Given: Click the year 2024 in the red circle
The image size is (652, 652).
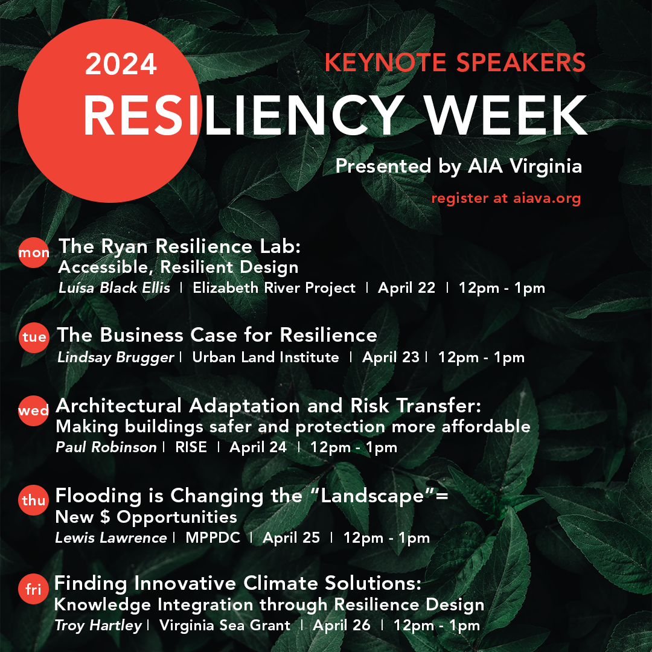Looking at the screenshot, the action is tap(121, 64).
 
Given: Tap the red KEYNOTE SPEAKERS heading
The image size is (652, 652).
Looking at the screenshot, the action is tap(455, 62).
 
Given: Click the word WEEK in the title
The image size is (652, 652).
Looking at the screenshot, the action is tap(506, 115).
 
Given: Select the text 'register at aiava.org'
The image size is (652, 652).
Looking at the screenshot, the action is tap(506, 198).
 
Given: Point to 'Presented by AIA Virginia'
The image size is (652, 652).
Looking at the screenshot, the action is tap(459, 166).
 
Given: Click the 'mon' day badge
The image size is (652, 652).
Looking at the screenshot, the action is tap(34, 252).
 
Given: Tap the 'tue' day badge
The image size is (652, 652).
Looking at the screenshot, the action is tap(34, 337).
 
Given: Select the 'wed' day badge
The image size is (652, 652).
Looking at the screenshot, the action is tap(33, 411).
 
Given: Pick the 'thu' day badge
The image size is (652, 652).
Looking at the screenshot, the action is tap(33, 500).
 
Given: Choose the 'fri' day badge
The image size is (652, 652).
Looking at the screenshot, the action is tap(33, 589).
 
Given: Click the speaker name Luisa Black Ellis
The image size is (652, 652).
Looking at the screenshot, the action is tap(114, 288).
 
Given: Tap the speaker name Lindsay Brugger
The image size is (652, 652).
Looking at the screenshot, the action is tap(115, 357).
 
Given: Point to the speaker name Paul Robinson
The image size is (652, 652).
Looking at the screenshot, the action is tap(106, 447).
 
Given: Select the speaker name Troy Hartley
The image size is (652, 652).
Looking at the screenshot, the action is tap(98, 626).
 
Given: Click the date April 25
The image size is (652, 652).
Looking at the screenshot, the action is tap(291, 538).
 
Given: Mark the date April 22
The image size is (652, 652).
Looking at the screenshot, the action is tap(406, 288).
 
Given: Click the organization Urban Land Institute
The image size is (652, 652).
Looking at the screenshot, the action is tap(265, 357).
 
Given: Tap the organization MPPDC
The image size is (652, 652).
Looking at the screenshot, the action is tap(213, 538).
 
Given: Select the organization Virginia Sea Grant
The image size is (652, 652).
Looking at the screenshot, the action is tap(225, 625).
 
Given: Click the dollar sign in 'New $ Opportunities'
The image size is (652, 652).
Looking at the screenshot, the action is tap(105, 517).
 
